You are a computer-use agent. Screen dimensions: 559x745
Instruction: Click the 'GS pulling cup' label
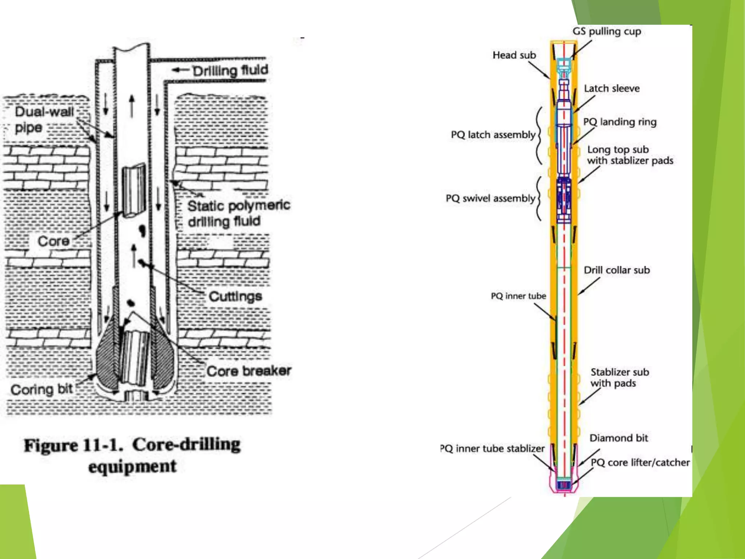tap(606, 31)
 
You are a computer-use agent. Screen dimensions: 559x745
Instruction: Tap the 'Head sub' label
tap(514, 55)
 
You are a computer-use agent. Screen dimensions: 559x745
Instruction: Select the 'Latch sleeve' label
tap(611, 88)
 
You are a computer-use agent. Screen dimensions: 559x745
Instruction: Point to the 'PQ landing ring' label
tap(619, 122)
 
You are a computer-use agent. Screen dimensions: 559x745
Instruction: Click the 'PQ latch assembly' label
tap(493, 135)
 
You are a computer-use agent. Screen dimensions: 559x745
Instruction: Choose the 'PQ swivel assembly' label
tap(490, 198)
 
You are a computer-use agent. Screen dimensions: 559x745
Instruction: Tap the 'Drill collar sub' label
tap(617, 270)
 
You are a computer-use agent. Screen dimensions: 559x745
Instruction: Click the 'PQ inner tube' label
tap(518, 296)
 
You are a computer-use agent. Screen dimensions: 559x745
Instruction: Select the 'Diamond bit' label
tap(618, 438)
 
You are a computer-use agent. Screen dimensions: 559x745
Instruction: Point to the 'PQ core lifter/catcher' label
tap(640, 463)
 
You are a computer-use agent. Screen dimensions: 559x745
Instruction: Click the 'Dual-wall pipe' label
tap(44, 119)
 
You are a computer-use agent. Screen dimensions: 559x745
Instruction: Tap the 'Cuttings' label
tap(235, 296)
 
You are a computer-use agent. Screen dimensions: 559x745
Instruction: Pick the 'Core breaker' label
tap(249, 371)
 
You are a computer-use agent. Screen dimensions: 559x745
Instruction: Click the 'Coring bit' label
tap(42, 389)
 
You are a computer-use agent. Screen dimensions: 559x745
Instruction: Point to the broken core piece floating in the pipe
tap(134, 191)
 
